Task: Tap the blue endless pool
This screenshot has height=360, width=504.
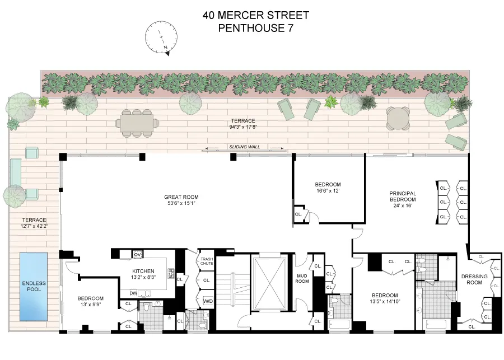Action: tap(33, 286)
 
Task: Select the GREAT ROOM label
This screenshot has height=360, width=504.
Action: tap(181, 197)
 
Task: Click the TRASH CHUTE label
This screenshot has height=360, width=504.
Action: tap(207, 261)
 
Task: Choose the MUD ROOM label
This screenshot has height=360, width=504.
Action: tap(302, 278)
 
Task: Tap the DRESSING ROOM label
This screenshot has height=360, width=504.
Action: tap(474, 279)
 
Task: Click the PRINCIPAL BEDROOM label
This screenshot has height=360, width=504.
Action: tap(403, 197)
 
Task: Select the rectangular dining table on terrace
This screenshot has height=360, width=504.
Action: tap(136, 123)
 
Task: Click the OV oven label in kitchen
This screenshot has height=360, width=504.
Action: tap(137, 255)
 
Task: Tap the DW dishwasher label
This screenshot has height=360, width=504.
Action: tap(133, 293)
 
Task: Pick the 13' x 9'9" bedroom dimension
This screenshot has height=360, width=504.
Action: tap(91, 305)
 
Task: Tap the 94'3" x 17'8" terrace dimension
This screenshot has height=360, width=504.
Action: tap(244, 127)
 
